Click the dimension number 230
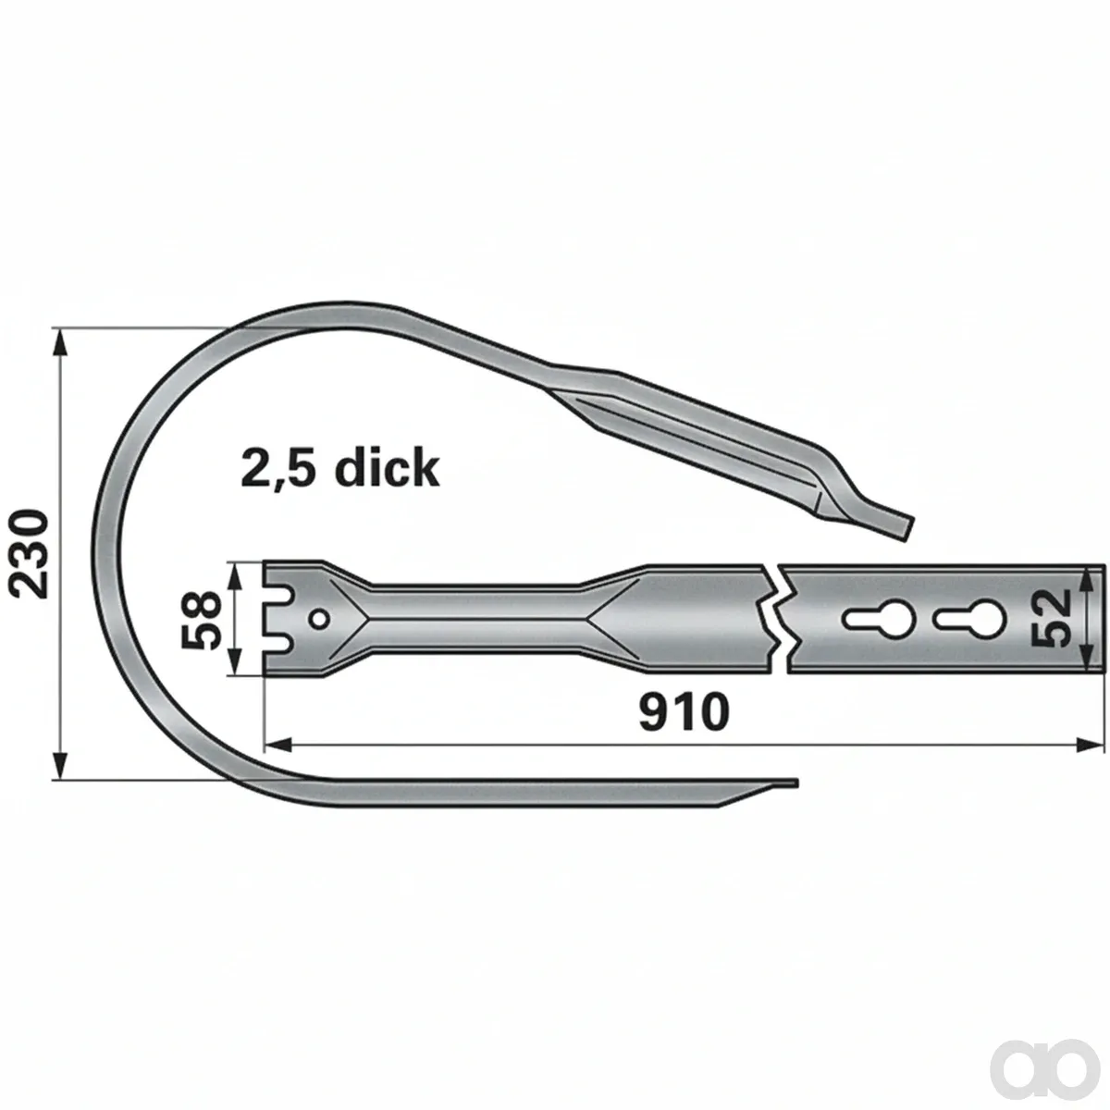pos(27,554)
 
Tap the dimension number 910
pos(684,712)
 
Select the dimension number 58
pos(201,620)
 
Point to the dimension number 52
pos(1051,619)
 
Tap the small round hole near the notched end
pos(320,620)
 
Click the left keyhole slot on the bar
pos(877,619)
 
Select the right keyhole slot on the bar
pos(970,619)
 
